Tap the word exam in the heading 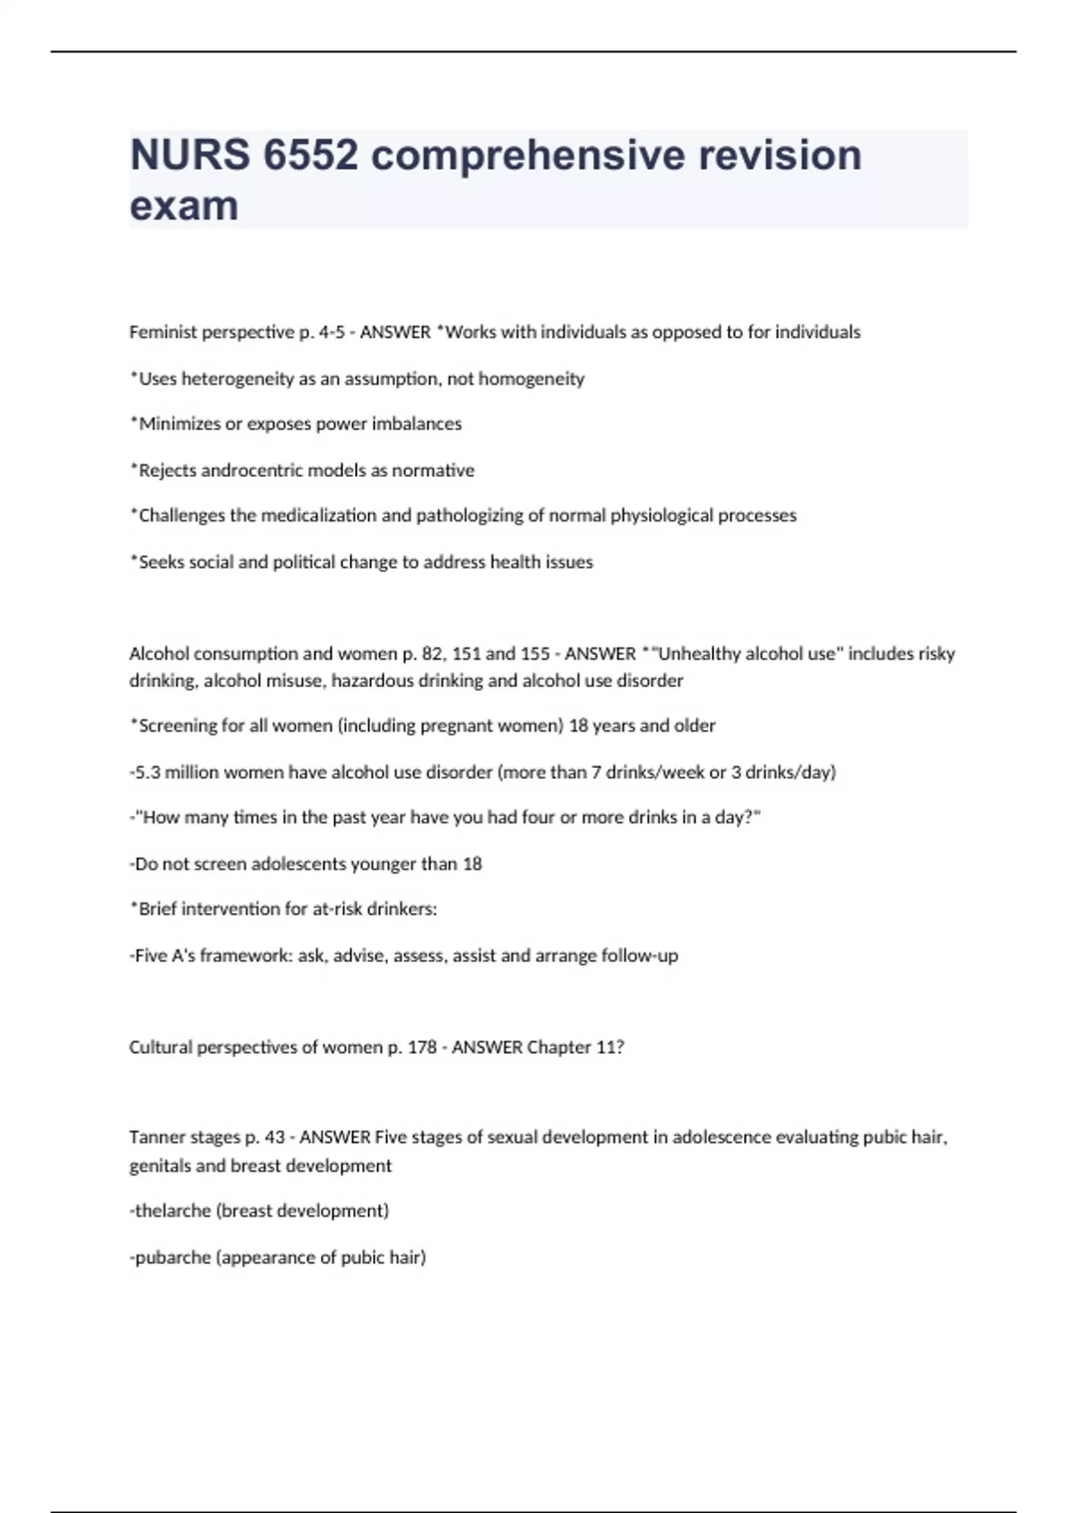point(184,206)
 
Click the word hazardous point(375,681)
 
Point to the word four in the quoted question point(538,817)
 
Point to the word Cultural point(160,1047)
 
